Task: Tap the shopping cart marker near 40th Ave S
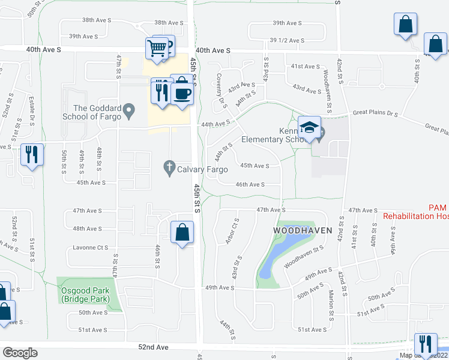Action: click(156, 48)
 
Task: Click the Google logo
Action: click(20, 353)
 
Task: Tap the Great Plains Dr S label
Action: click(376, 112)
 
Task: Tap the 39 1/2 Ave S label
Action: click(288, 40)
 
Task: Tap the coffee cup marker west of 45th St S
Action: click(182, 94)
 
